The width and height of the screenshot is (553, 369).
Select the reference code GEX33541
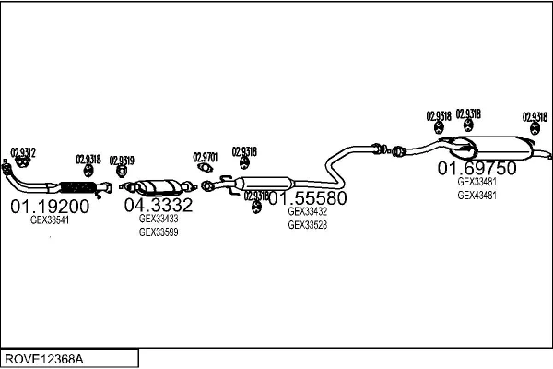pyautogui.click(x=50, y=220)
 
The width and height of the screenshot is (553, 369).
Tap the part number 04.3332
pyautogui.click(x=159, y=205)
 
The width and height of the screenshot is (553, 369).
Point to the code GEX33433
pyautogui.click(x=159, y=220)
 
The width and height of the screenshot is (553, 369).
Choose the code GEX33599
pyautogui.click(x=159, y=232)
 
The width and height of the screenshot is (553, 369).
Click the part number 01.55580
pyautogui.click(x=308, y=198)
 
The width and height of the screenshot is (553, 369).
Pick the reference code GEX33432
pyautogui.click(x=308, y=212)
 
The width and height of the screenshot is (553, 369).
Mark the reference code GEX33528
pyautogui.click(x=308, y=225)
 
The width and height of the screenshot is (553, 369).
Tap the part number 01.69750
pyautogui.click(x=477, y=168)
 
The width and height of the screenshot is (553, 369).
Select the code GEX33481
pyautogui.click(x=477, y=182)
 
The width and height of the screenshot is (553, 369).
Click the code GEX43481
pyautogui.click(x=477, y=195)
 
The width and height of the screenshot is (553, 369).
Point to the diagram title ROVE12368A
pyautogui.click(x=44, y=357)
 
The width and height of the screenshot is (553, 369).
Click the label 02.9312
pyautogui.click(x=23, y=152)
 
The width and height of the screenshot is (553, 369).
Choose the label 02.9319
pyautogui.click(x=122, y=160)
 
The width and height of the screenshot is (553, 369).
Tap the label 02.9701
pyautogui.click(x=206, y=157)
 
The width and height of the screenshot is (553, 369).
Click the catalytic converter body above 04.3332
pyautogui.click(x=158, y=184)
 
